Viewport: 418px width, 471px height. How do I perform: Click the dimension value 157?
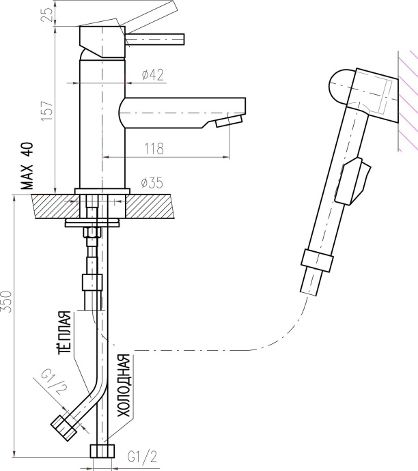pos(47,111)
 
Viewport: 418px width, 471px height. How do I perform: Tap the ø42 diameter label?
pos(153,74)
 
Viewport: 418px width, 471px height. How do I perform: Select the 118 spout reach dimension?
pos(154,149)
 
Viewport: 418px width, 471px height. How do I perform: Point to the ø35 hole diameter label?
pos(152,183)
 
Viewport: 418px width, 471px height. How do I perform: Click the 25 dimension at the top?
pos(47,14)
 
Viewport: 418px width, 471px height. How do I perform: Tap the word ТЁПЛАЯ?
pos(65,332)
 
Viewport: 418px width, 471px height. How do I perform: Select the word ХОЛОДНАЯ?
pos(124,386)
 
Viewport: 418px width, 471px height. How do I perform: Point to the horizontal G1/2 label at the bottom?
pos(142,457)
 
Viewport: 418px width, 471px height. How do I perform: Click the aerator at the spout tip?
pos(229,120)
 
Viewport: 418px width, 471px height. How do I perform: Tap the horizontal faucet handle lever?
pos(155,40)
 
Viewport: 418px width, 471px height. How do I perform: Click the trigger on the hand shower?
pos(352,181)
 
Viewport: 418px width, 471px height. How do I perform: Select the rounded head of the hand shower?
pos(341,87)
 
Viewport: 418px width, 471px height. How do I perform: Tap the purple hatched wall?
pos(408,101)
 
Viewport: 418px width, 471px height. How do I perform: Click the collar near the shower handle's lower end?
pos(317,261)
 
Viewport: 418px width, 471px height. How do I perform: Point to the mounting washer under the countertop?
pos(93,223)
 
